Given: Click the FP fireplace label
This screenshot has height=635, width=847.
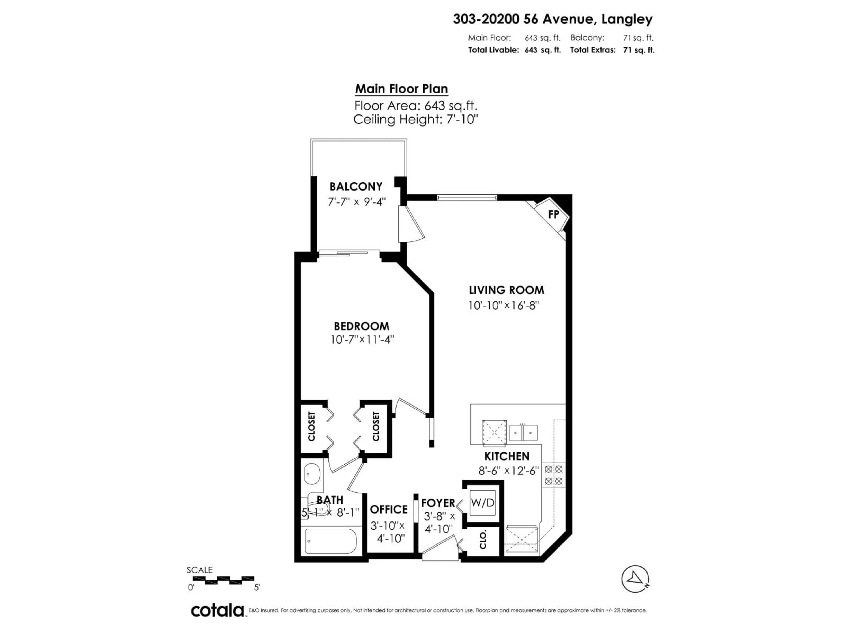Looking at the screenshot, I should coord(553,214).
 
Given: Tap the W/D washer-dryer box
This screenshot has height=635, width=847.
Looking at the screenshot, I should coord(482,502).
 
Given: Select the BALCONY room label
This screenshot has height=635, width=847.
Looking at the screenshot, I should coord(356,186).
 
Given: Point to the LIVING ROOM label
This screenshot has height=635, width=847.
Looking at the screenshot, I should coord(506,290).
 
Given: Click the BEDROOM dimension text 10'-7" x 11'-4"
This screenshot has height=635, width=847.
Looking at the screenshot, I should coord(362,340).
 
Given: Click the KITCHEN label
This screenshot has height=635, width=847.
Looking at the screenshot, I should coord(507,456).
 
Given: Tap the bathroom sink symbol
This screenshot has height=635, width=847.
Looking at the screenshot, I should coord(312,475).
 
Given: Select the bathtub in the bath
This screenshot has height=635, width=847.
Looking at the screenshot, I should coord(331,541).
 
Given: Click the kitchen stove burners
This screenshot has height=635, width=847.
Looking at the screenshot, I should coord(553,475).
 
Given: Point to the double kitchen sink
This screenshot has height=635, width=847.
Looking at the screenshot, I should coord(523,433).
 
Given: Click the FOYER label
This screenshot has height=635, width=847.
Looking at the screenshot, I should coord(438,502).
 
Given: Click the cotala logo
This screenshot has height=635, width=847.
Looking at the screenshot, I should coord(217,611).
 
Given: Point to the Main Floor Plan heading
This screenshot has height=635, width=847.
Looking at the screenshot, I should coord(401,89).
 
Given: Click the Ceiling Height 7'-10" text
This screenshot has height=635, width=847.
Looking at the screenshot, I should coord(416,120).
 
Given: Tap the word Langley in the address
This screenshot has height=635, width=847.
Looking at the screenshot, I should coord(627,19).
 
